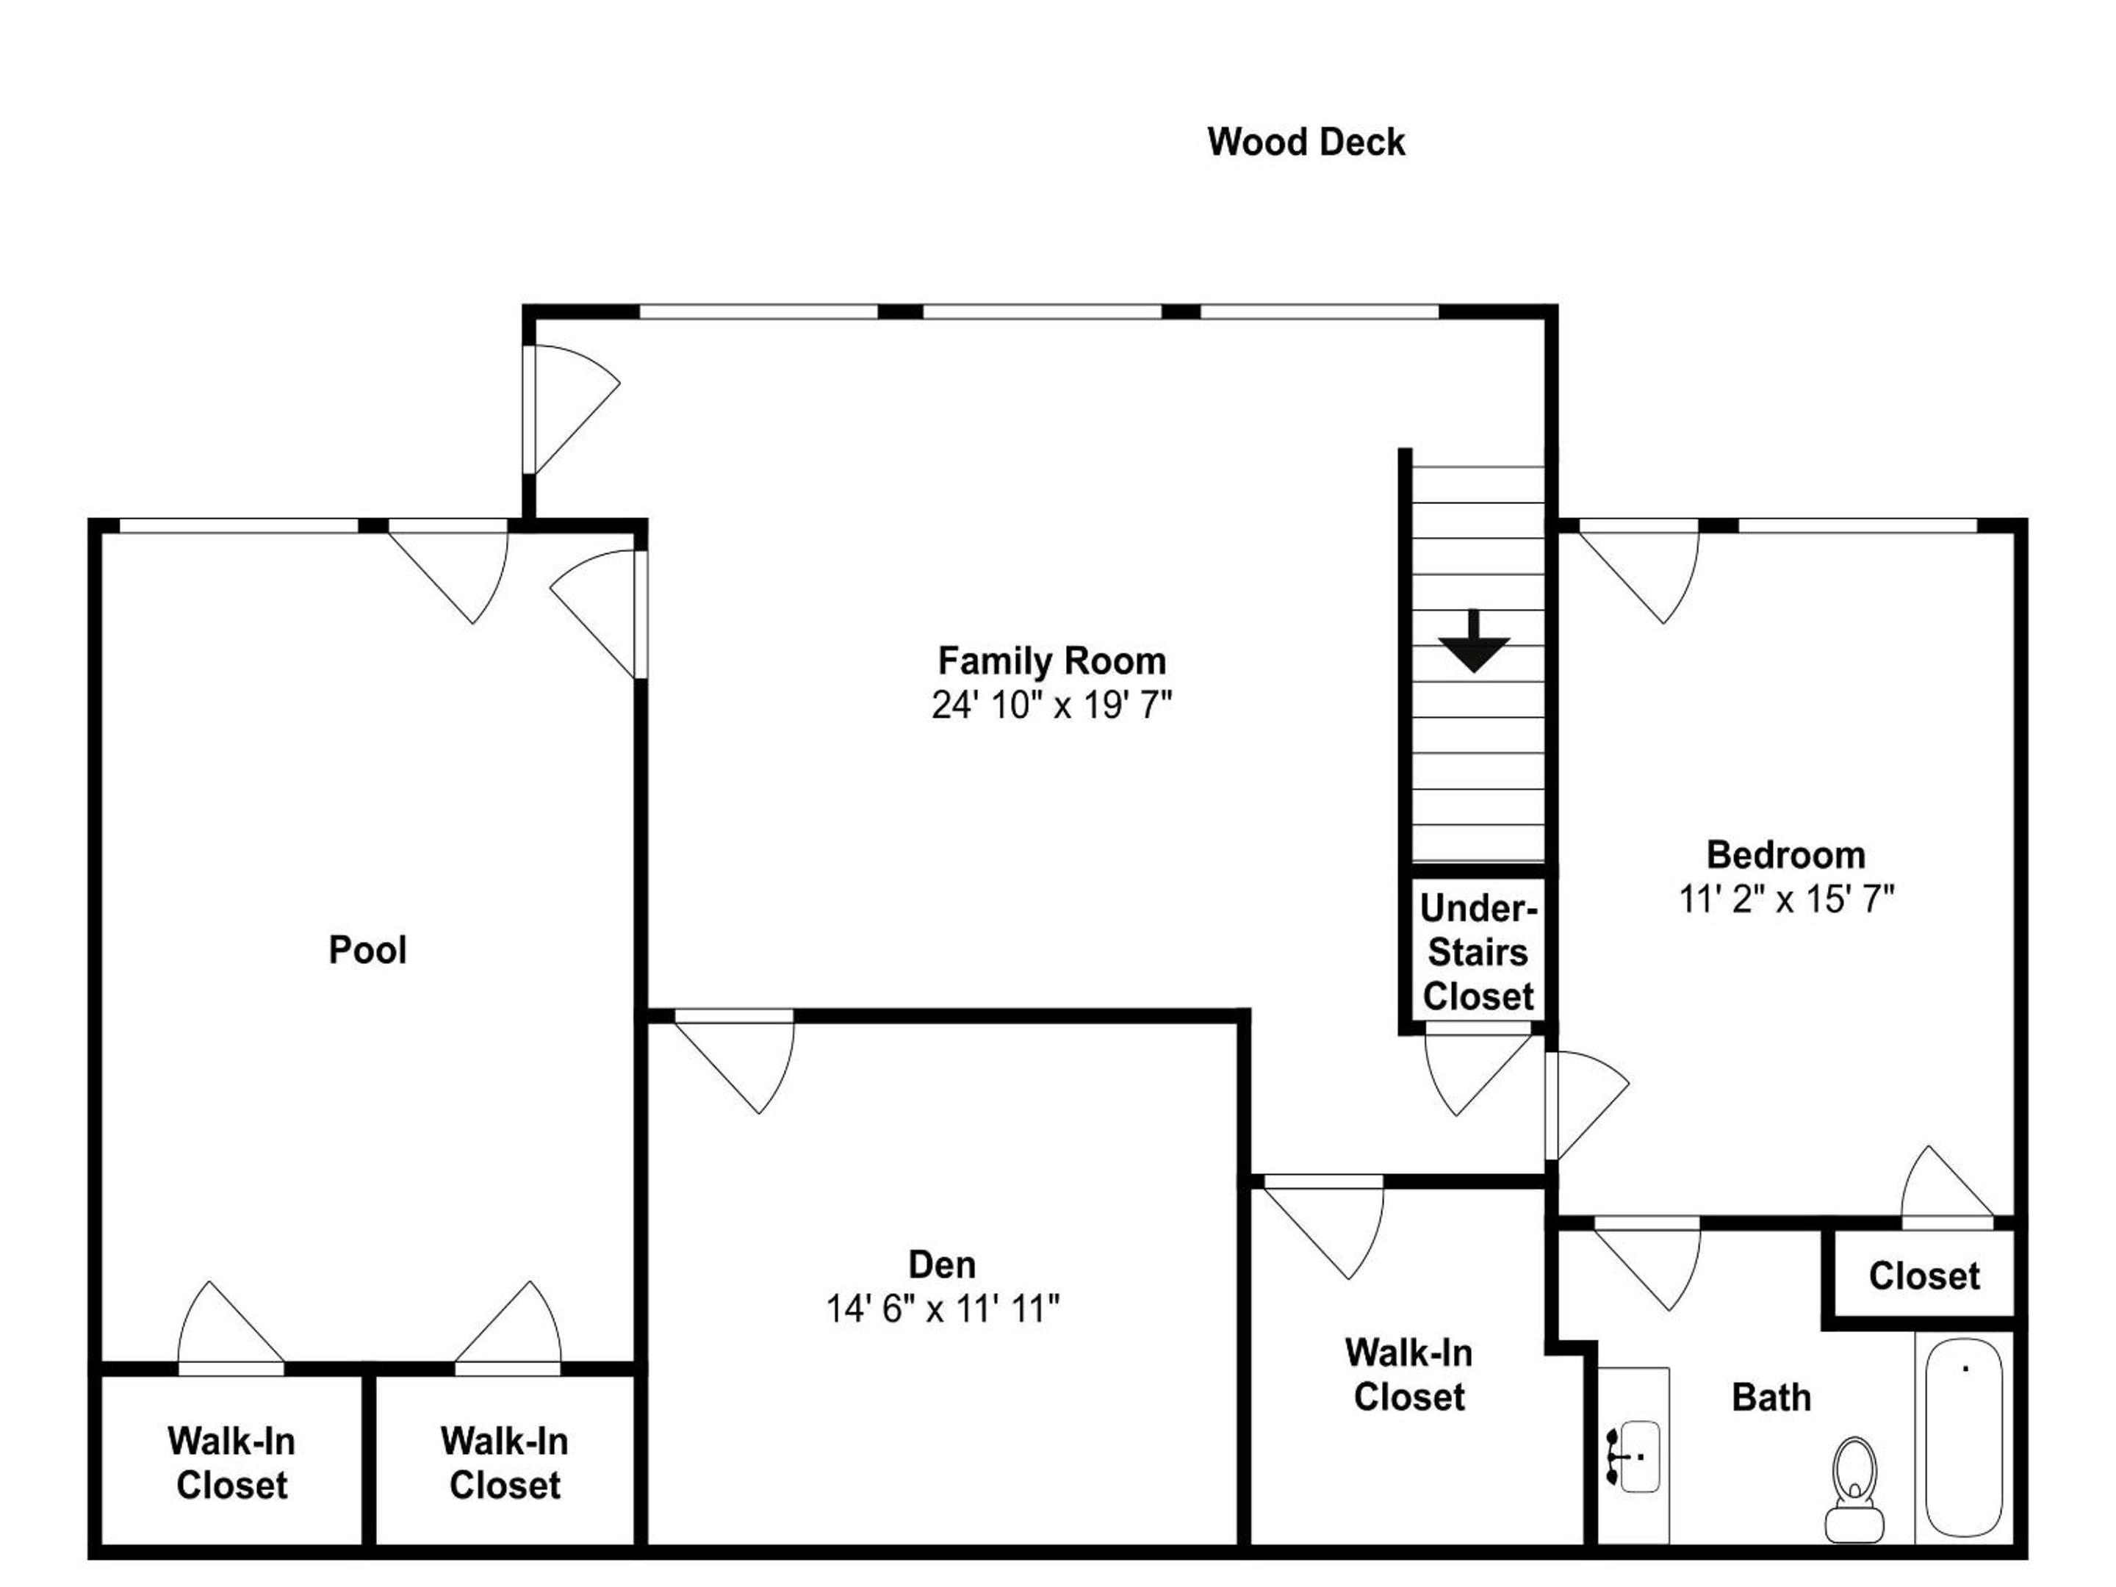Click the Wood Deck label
[x=1306, y=143]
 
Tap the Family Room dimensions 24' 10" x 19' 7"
[x=1051, y=706]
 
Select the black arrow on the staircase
[x=1474, y=641]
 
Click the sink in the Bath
[x=1635, y=1457]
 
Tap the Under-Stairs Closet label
[x=1478, y=953]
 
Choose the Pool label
[x=367, y=950]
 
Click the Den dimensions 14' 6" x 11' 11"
[x=942, y=1309]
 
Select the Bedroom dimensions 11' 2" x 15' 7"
[x=1786, y=899]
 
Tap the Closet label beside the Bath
[x=1924, y=1276]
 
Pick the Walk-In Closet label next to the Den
[x=1409, y=1375]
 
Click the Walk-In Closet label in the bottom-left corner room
[x=231, y=1464]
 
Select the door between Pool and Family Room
[x=596, y=614]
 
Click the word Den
[x=942, y=1264]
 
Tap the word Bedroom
[x=1786, y=854]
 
